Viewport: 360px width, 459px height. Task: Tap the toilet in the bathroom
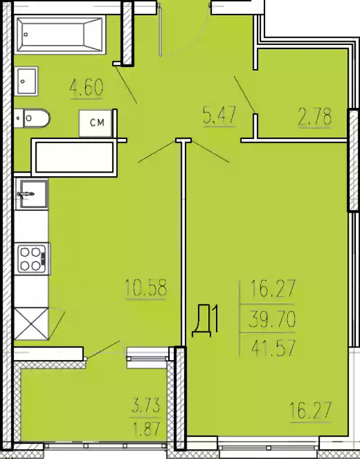coord(32,118)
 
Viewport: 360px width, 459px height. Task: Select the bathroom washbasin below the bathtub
coord(27,81)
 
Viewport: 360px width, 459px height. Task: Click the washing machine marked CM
coord(96,123)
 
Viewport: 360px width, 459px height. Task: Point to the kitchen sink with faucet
coord(31,194)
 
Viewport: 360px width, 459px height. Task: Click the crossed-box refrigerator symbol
coord(31,323)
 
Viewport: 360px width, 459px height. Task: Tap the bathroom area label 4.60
coord(87,88)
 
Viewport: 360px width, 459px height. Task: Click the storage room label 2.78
coord(315,116)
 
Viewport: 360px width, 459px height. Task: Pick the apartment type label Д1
coord(205,321)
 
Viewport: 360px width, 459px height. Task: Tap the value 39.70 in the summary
coord(272,319)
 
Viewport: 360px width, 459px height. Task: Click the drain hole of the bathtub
coord(26,35)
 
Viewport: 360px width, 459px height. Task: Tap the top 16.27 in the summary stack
coord(273,288)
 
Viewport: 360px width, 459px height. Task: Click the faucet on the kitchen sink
coord(26,194)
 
